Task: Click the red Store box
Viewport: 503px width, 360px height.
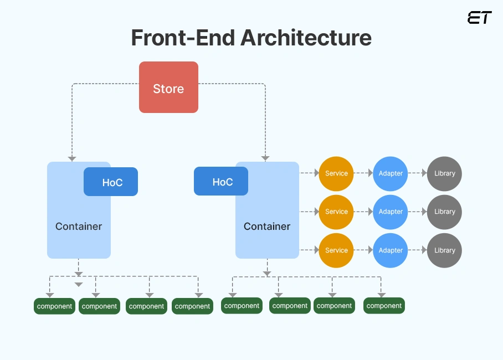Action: coord(168,88)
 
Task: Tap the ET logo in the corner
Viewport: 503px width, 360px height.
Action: coord(479,18)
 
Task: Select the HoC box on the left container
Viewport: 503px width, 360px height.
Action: coord(111,182)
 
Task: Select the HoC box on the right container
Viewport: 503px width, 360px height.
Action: coord(221,182)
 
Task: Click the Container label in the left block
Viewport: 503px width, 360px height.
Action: coord(79,226)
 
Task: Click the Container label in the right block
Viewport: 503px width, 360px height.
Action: coord(267,226)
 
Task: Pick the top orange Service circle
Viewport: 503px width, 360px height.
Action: coord(336,173)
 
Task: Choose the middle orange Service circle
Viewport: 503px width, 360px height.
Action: coord(336,212)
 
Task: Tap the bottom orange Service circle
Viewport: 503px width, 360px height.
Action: coord(336,250)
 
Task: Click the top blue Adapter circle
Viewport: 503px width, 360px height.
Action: coord(391,173)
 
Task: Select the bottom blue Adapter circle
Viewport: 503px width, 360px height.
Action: coord(391,250)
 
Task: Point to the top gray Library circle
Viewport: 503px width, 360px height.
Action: coord(444,173)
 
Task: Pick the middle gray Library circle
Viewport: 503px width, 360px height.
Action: coord(444,212)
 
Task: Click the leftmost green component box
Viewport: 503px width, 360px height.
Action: coord(54,306)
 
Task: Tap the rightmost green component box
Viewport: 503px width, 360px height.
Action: coord(384,306)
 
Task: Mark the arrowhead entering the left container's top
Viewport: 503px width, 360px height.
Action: coord(72,158)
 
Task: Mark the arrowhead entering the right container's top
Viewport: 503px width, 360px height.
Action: coord(265,158)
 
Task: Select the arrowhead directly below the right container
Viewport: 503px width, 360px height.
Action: coord(267,273)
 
